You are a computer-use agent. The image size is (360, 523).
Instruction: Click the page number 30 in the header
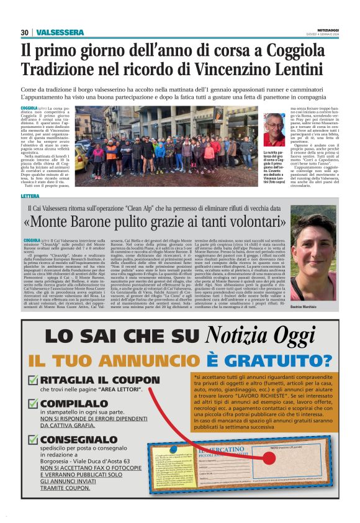(25, 32)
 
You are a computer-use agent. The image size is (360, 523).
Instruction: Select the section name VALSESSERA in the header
(60, 32)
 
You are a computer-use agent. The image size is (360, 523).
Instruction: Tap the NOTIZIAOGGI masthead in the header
(323, 30)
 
